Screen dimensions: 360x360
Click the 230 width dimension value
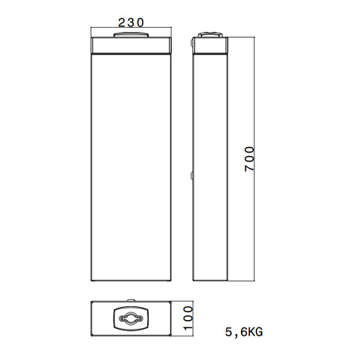131,23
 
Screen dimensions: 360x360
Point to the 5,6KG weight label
244,332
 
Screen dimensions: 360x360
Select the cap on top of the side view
211,36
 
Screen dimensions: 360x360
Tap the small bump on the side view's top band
192,44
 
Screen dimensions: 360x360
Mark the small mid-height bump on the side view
192,175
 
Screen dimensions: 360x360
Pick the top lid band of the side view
211,46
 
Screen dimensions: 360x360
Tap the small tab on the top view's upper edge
130,299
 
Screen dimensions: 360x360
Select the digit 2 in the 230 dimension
121,23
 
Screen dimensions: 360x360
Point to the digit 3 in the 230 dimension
131,23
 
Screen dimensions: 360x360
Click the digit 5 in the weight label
228,332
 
